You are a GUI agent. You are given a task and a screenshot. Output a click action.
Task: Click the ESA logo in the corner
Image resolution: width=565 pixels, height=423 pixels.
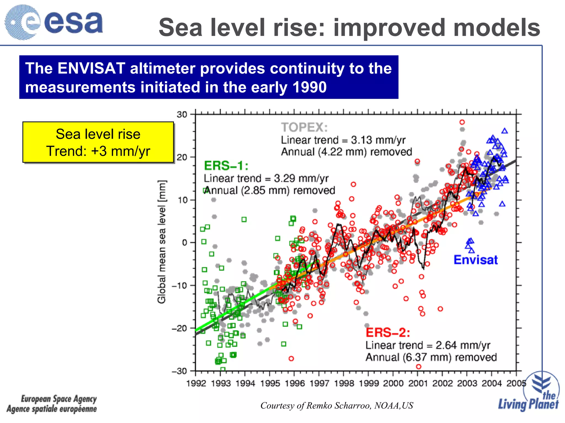click(x=54, y=22)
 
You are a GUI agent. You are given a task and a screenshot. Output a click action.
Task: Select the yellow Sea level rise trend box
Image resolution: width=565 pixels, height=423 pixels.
click(x=98, y=142)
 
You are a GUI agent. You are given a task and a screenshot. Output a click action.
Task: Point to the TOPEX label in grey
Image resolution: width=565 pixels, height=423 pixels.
click(x=304, y=127)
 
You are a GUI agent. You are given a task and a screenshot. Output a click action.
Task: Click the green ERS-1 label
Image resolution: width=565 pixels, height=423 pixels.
click(x=226, y=166)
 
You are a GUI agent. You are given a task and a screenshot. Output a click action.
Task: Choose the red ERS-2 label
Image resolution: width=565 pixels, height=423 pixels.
click(x=388, y=333)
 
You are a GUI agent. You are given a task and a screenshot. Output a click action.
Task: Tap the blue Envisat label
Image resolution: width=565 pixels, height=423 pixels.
click(x=476, y=260)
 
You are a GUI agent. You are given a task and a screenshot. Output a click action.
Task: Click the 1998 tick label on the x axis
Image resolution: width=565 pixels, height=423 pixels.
click(x=343, y=383)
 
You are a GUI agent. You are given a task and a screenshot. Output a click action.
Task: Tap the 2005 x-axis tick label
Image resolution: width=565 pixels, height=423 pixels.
click(x=516, y=383)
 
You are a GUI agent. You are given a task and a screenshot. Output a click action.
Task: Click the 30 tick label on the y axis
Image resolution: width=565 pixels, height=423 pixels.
click(x=182, y=114)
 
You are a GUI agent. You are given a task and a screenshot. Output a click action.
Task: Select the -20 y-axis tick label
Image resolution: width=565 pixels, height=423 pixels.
click(x=180, y=328)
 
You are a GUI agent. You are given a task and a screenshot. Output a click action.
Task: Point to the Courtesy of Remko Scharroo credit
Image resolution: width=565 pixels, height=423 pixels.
click(x=337, y=405)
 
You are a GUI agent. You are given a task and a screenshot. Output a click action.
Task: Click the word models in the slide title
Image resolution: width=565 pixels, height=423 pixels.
click(x=497, y=28)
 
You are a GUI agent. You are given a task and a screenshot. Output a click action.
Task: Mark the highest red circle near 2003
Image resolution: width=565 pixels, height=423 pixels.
click(x=462, y=122)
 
